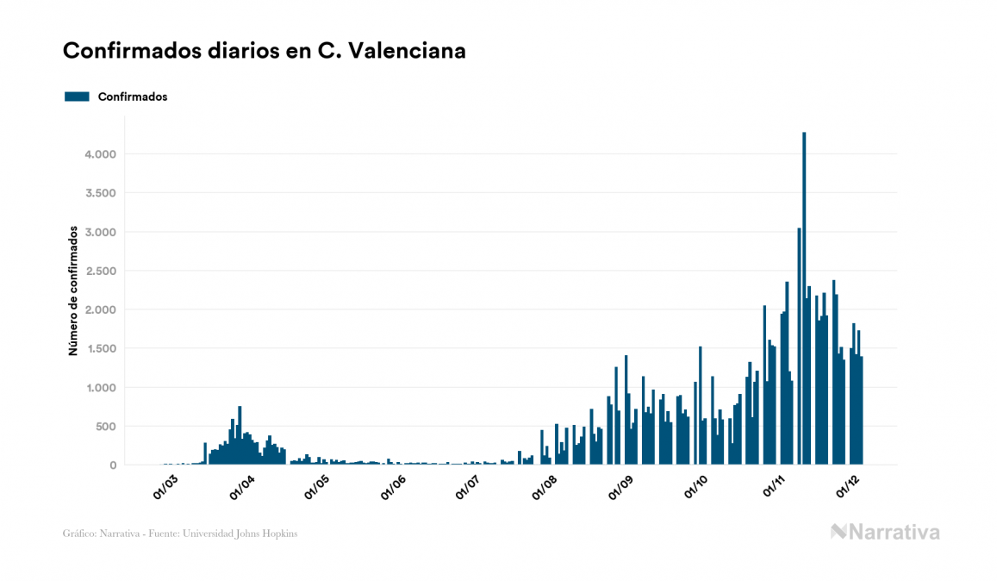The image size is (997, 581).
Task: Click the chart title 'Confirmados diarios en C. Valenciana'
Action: [x=265, y=51]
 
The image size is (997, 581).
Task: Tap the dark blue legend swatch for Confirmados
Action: [x=77, y=97]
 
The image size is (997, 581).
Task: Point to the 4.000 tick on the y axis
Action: [x=100, y=154]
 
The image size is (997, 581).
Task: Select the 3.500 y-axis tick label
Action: [x=100, y=193]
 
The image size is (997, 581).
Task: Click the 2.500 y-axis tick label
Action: [x=100, y=271]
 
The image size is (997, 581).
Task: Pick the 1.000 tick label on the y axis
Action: [x=100, y=388]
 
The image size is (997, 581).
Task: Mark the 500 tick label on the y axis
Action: [x=104, y=427]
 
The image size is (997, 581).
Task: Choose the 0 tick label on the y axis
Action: [x=112, y=465]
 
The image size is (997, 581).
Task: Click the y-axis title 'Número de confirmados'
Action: [x=73, y=290]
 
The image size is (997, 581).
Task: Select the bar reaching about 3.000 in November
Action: [x=799, y=345]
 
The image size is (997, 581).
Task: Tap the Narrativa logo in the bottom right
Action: [x=885, y=532]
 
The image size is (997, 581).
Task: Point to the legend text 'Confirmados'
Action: [x=133, y=97]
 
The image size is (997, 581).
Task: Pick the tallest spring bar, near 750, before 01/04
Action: [x=240, y=435]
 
